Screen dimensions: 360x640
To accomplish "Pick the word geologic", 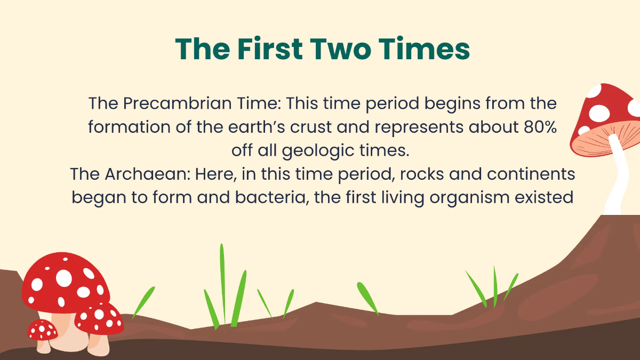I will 322,150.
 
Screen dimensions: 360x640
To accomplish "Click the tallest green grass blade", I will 223,283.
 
